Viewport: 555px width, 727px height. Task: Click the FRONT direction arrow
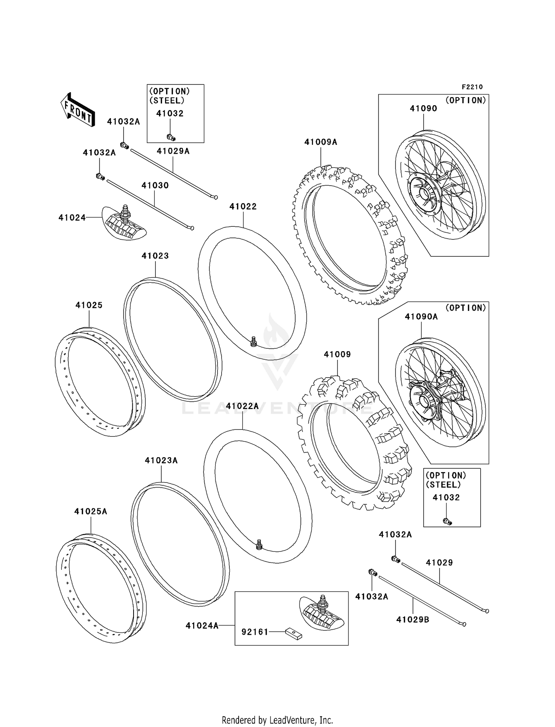[x=78, y=110]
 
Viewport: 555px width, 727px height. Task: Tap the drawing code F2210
[x=472, y=87]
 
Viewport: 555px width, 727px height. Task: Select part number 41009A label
[x=320, y=142]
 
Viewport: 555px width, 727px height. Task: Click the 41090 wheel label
[x=423, y=109]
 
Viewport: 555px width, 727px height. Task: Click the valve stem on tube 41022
[x=253, y=341]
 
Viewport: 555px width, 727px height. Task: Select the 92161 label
[x=255, y=632]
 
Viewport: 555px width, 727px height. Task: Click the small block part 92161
[x=293, y=634]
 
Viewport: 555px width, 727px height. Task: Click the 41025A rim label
[x=91, y=511]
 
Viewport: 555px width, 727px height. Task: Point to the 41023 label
[x=155, y=256]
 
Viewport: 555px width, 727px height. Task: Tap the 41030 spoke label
[x=155, y=185]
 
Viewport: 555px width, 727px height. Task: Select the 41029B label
[x=413, y=620]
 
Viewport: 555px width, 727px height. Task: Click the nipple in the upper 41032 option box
[x=171, y=137]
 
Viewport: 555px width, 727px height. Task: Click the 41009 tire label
[x=337, y=354]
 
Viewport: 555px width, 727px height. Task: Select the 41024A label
[x=202, y=625]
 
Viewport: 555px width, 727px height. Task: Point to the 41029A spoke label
[x=173, y=151]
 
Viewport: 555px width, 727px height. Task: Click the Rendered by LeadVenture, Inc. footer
[x=277, y=720]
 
